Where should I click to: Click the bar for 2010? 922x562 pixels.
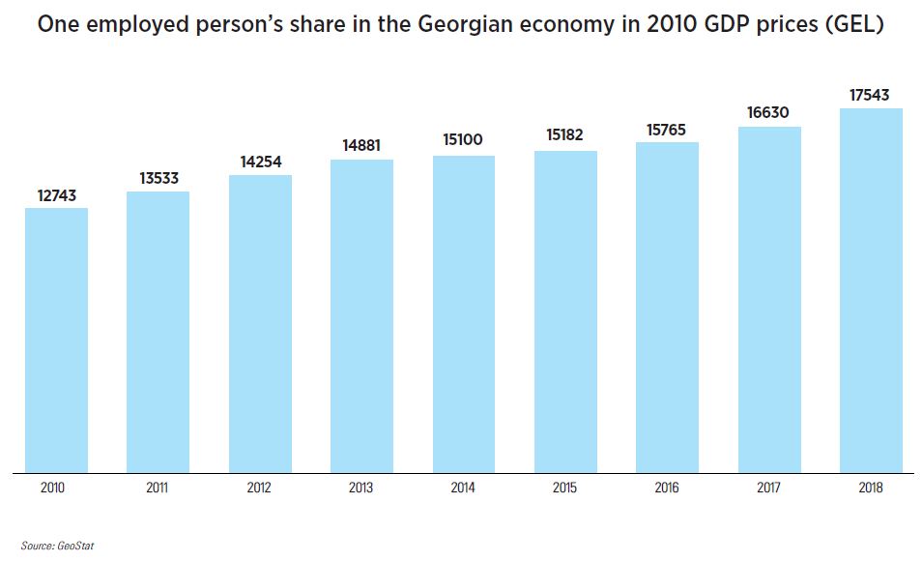pyautogui.click(x=56, y=340)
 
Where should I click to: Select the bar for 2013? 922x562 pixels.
pyautogui.click(x=361, y=316)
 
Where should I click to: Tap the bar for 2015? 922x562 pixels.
pyautogui.click(x=565, y=311)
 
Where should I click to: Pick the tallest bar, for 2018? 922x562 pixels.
pyautogui.click(x=871, y=290)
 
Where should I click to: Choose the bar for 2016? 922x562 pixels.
pyautogui.click(x=667, y=308)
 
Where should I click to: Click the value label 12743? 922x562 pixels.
pyautogui.click(x=56, y=195)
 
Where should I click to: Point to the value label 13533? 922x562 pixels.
pyautogui.click(x=158, y=178)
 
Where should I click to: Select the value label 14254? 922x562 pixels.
pyautogui.click(x=260, y=162)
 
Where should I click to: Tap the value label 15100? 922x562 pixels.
pyautogui.click(x=463, y=140)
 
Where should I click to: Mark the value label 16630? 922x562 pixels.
pyautogui.click(x=768, y=113)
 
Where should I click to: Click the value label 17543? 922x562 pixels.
pyautogui.click(x=870, y=95)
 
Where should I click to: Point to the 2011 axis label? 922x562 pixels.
pyautogui.click(x=158, y=488)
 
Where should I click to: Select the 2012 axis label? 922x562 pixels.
pyautogui.click(x=260, y=488)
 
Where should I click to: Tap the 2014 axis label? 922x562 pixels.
pyautogui.click(x=463, y=488)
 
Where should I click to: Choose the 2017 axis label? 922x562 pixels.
pyautogui.click(x=768, y=488)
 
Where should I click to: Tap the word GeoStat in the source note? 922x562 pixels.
pyautogui.click(x=75, y=547)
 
